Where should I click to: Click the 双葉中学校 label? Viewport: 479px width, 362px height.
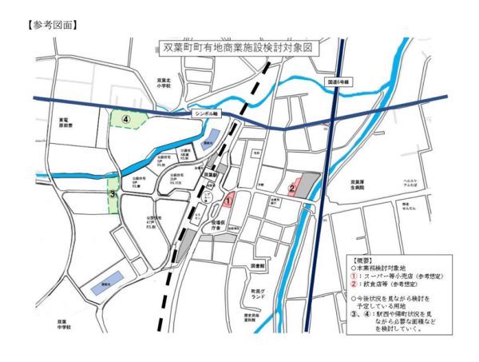pos(64,324)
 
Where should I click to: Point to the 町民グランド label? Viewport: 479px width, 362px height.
pos(257,293)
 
